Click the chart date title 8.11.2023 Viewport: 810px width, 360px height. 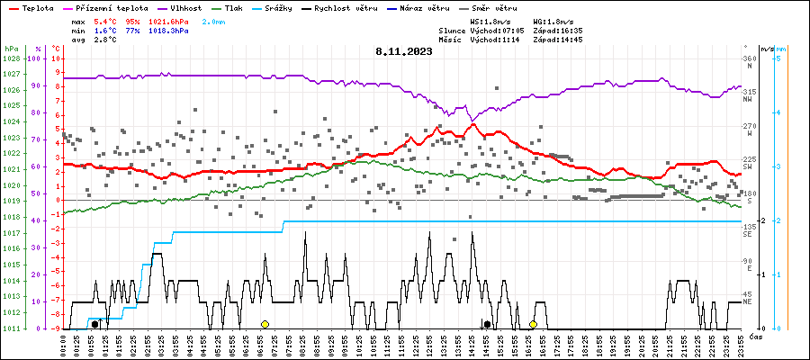(x=404, y=51)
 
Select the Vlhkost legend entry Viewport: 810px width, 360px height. (x=188, y=7)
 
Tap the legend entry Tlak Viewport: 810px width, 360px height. (x=234, y=7)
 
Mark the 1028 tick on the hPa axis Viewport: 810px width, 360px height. (x=12, y=58)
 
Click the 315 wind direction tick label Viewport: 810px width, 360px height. (x=748, y=92)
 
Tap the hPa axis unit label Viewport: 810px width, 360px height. (x=11, y=48)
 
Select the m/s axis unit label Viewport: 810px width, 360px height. (x=766, y=48)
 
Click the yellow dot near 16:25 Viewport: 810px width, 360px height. (x=533, y=324)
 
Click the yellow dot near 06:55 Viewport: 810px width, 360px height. (x=265, y=324)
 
